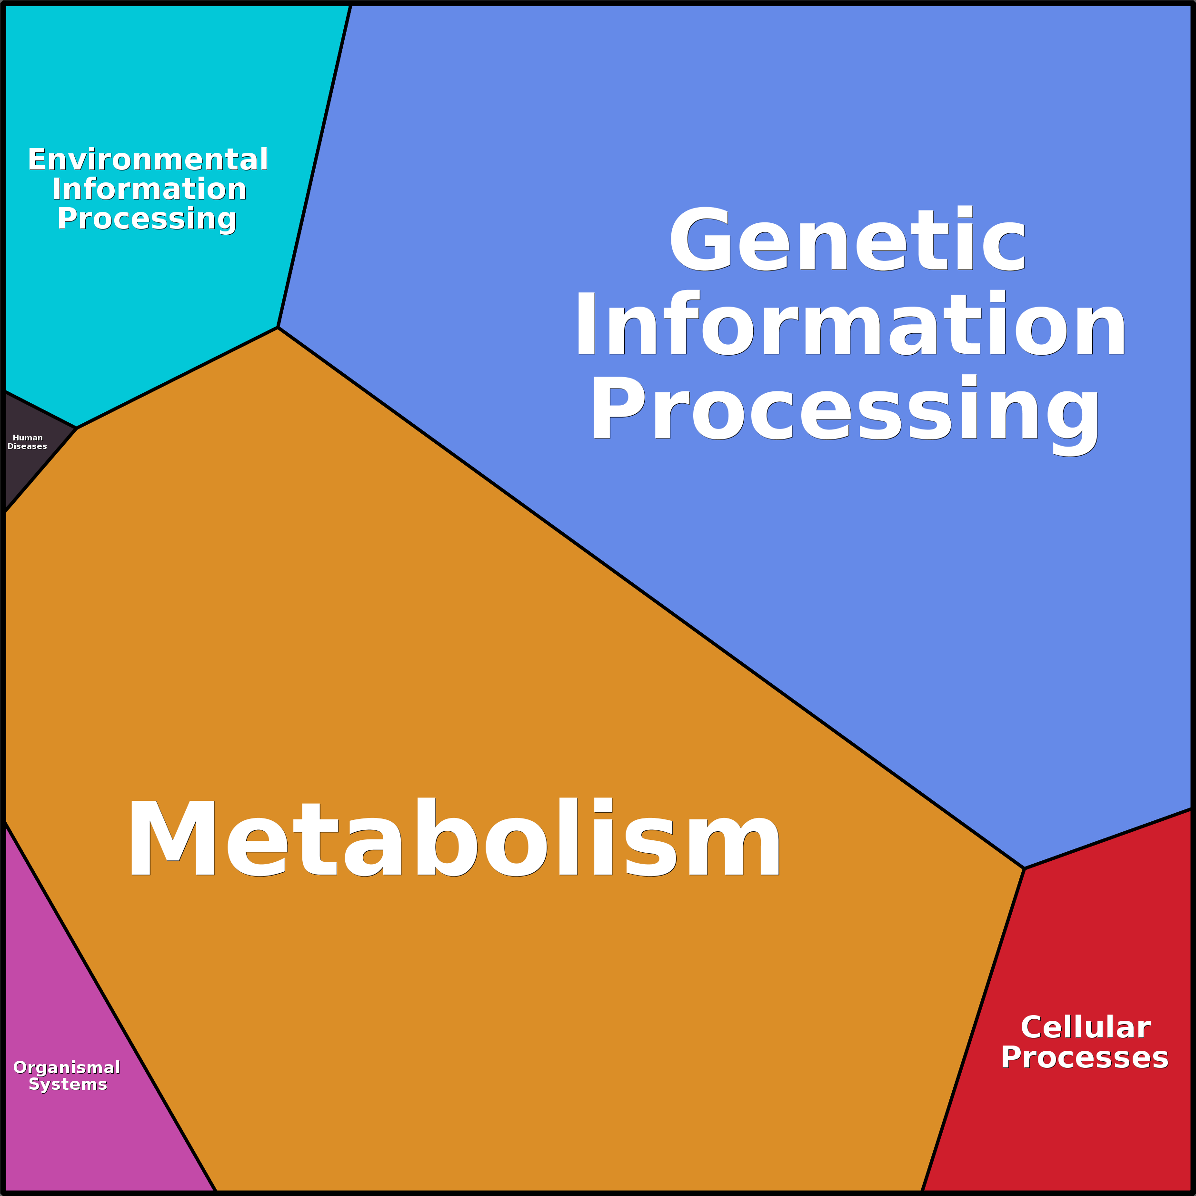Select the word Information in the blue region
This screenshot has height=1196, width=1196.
(850, 324)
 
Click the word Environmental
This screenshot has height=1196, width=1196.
(148, 159)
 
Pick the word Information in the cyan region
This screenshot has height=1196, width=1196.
(149, 189)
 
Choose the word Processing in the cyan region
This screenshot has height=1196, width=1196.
(147, 219)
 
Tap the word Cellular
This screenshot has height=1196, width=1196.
(1085, 1027)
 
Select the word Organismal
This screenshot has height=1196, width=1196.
(67, 1067)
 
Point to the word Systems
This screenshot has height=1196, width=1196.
(68, 1085)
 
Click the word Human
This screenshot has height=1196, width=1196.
(28, 438)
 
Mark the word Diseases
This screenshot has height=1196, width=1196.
(27, 446)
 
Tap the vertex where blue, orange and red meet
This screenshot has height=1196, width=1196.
(1025, 868)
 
